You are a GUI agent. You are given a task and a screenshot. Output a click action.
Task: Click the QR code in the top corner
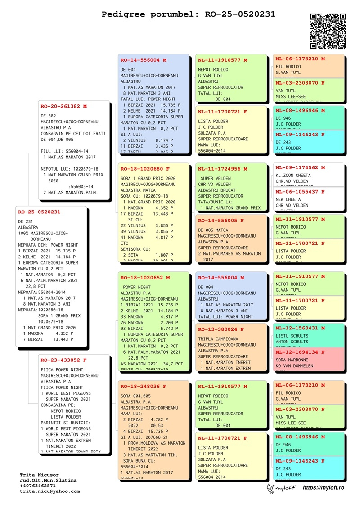coord(328,31)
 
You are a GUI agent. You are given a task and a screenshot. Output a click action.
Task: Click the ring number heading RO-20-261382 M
coord(63,107)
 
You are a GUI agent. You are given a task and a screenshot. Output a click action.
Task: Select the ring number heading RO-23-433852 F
coord(63,360)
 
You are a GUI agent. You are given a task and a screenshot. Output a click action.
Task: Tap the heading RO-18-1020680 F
coord(145,169)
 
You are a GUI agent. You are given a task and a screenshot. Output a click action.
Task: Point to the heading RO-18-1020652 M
coord(145,278)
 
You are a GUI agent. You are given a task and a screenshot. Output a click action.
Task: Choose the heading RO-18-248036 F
coord(144,387)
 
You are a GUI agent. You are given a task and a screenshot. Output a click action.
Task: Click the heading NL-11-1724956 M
coord(223,169)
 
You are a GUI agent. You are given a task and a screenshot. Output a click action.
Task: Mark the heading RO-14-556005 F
coord(221,221)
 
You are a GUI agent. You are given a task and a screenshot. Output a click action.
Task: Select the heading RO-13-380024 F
coord(221,329)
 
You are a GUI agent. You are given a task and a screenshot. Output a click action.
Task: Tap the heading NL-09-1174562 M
coord(300,167)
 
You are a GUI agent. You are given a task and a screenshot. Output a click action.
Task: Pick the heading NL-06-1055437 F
coord(300,192)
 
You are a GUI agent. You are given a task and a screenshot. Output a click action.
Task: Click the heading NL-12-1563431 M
coord(300,328)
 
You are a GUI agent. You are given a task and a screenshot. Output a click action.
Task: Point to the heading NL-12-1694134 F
coord(300,352)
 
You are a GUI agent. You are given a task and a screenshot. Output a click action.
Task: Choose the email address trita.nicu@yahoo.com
coord(49,491)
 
